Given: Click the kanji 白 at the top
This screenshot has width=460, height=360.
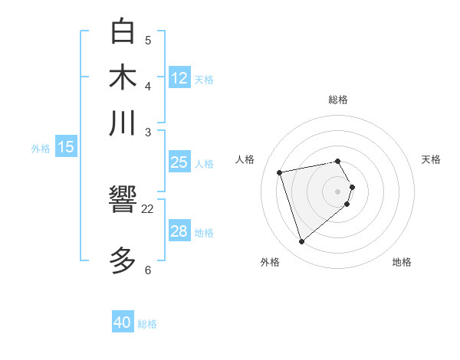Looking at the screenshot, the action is point(123,32).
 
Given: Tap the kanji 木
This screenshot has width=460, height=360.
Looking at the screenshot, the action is point(123,78).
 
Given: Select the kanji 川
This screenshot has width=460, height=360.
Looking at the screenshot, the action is point(123,123).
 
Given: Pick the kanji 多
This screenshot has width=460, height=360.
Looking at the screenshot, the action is point(123,260).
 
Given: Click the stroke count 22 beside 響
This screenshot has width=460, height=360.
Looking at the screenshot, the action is point(148,208).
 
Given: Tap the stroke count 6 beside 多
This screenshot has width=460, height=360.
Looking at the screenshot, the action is point(148,270).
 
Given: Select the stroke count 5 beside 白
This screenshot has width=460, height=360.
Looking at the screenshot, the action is point(148,40).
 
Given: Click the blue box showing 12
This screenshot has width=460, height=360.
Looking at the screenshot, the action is point(179,77).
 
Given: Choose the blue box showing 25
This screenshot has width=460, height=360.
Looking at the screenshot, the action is point(179,162).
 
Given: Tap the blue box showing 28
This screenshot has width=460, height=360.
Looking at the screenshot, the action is point(179,231).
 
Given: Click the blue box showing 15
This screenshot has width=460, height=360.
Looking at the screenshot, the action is point(66,147).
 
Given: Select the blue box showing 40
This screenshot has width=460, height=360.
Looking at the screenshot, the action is point(123,322).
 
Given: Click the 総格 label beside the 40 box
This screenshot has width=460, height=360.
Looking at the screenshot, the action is point(147,324).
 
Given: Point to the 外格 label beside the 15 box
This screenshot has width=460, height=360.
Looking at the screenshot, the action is point(41,149).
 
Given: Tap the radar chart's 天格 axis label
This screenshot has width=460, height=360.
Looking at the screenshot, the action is point(431,159).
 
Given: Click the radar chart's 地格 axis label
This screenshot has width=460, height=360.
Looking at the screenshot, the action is point(402,262).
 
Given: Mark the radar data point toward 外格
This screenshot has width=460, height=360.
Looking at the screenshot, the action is point(302,242).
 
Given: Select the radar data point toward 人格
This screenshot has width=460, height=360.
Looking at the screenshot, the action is point(280,172).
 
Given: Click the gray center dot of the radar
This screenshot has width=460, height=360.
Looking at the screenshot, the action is point(337,191).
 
